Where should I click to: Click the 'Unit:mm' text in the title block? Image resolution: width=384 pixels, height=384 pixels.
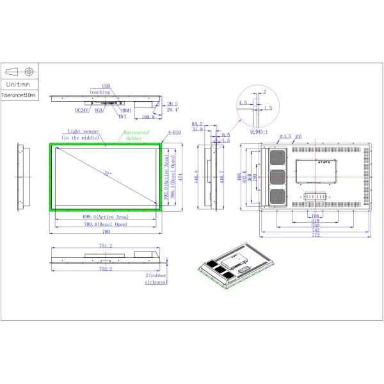pyautogui.click(x=19, y=84)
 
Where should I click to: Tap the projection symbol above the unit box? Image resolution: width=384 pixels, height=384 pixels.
pyautogui.click(x=19, y=71)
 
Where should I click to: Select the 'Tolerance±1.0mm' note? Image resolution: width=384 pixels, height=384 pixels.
pyautogui.click(x=19, y=95)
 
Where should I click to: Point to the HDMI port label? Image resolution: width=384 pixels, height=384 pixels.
pyautogui.click(x=125, y=111)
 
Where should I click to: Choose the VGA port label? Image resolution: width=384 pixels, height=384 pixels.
pyautogui.click(x=99, y=111)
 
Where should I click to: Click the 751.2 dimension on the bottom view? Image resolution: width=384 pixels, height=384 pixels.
pyautogui.click(x=105, y=246)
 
